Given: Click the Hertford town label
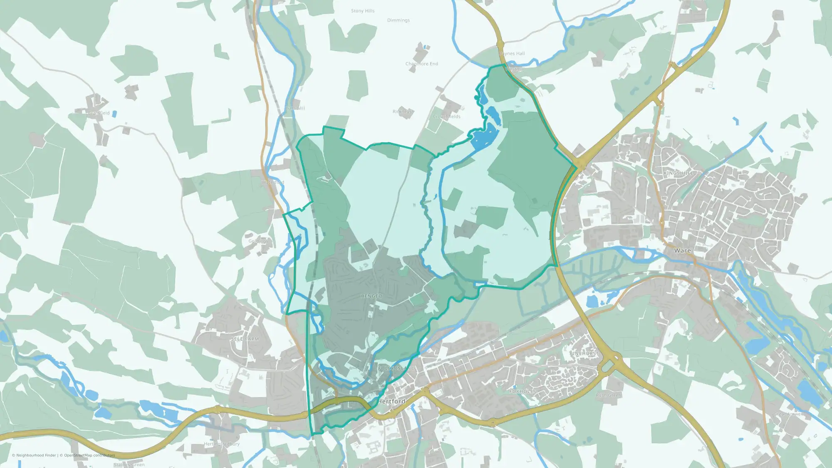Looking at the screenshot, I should click(x=391, y=401).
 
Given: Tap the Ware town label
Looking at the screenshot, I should click(x=682, y=250).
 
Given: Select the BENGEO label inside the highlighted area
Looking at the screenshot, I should click(x=371, y=296).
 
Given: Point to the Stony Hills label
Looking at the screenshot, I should click(x=363, y=11).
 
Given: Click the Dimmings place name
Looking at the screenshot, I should click(x=399, y=20).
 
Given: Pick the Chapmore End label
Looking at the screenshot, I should click(x=421, y=64).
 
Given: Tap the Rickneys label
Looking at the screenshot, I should click(x=402, y=111).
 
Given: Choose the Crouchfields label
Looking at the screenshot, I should click(x=446, y=116).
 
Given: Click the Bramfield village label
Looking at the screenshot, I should click(x=99, y=113).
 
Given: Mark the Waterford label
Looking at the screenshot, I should click(x=273, y=182).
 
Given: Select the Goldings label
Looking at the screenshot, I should click(x=258, y=241).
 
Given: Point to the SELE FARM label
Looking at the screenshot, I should click(x=245, y=339).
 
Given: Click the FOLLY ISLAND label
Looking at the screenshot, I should click(x=396, y=368).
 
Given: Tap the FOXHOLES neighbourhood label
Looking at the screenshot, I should click(x=522, y=391).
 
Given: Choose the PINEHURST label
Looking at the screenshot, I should click(x=584, y=353).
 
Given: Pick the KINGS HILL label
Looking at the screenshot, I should click(x=678, y=173).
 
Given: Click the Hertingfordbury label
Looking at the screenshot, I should click(x=222, y=444).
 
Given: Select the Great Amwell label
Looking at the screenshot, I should click(x=789, y=414).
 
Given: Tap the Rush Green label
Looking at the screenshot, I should click(x=608, y=395).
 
